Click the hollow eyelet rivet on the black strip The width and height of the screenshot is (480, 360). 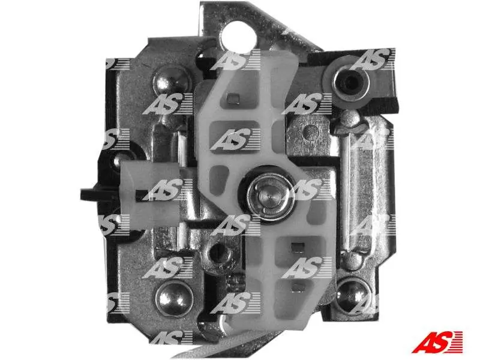[x=351, y=82]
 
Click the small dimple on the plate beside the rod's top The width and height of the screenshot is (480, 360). [x=308, y=131]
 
